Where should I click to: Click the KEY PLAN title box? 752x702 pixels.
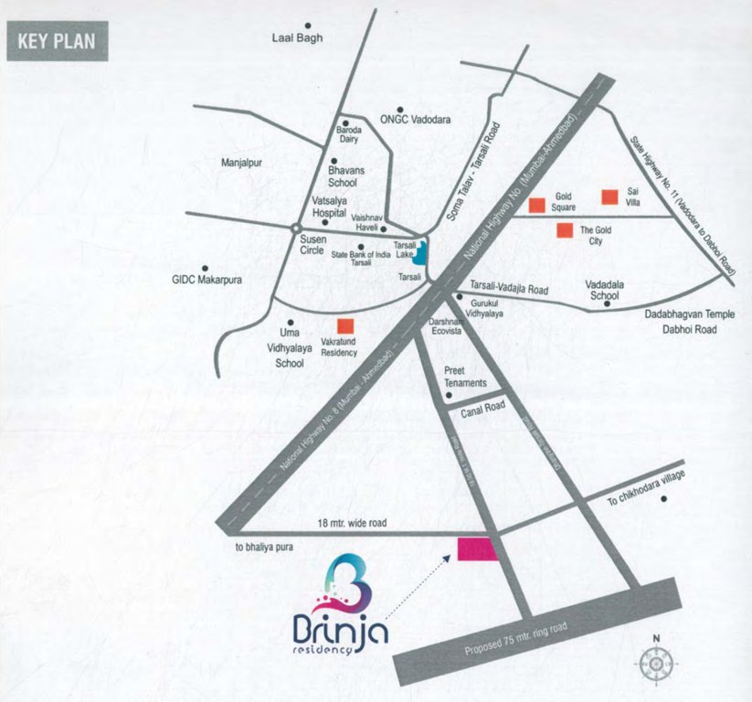point(57,44)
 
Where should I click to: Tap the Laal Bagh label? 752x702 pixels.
point(298,37)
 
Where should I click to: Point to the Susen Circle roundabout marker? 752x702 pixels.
point(295,228)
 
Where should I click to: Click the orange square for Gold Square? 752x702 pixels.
point(537,203)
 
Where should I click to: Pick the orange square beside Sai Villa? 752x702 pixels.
point(609,197)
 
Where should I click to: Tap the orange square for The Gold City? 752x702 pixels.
point(566,230)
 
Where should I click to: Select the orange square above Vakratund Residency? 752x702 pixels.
point(345,325)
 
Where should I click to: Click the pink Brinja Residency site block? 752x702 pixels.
point(477,548)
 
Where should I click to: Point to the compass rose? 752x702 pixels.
point(656,657)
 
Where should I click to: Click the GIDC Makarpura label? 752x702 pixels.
point(207,280)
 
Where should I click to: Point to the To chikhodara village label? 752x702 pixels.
point(646,488)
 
